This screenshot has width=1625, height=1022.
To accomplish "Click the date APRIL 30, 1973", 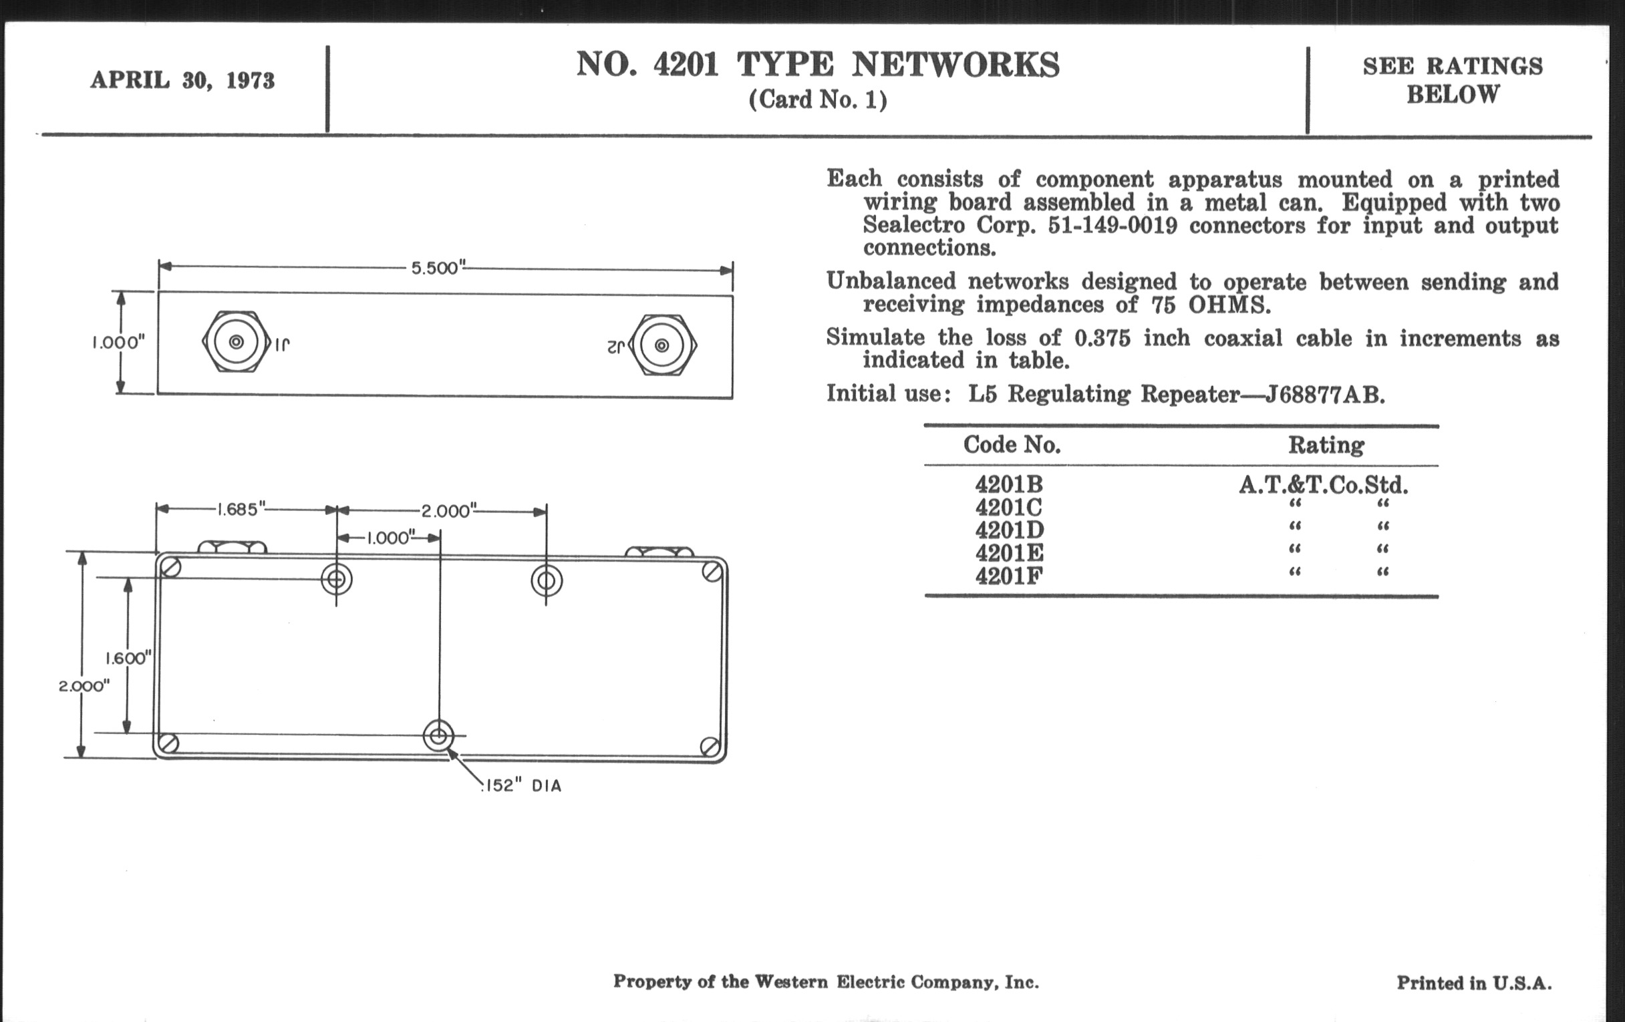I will click(182, 80).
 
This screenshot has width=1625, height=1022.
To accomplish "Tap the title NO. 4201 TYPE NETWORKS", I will click(817, 65).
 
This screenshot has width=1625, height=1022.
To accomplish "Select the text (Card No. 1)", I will click(817, 100).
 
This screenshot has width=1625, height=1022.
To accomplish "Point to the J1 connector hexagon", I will click(236, 343).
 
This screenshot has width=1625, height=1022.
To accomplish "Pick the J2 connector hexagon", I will click(663, 346).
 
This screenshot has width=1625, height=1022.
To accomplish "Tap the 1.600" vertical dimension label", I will click(128, 658).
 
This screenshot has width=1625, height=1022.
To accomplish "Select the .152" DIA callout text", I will click(522, 786).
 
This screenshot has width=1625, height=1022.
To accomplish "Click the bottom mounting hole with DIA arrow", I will click(438, 735).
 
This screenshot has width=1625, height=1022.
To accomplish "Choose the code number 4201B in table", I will click(1009, 484).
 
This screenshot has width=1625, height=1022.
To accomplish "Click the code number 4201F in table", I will click(1009, 576).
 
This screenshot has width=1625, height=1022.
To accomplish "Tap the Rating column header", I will click(1326, 446).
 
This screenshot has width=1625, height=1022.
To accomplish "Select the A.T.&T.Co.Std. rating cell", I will click(1324, 484).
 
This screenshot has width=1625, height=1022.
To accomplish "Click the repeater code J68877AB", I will click(1325, 395).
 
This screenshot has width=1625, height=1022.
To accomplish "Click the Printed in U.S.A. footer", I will click(1474, 983).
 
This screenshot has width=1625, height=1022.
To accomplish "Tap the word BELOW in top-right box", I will click(1453, 95).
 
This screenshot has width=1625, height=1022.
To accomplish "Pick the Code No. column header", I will click(1012, 445).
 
